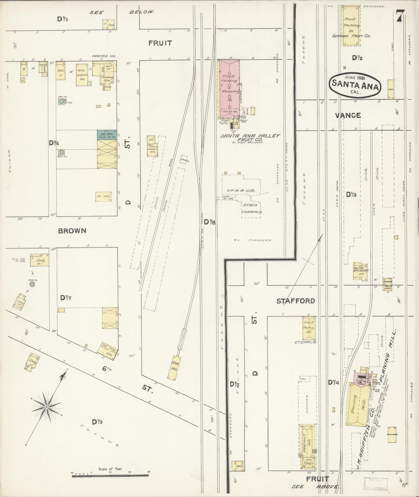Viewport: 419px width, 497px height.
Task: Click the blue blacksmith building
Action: point(107,135)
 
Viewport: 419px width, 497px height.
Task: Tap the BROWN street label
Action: point(72,231)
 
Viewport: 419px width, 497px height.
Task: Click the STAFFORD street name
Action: point(296,301)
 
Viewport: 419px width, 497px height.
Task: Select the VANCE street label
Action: point(348,115)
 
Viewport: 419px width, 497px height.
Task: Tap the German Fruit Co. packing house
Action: point(351,25)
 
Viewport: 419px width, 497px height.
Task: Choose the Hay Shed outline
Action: point(103,196)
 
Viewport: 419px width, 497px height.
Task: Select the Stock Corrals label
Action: point(250,208)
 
